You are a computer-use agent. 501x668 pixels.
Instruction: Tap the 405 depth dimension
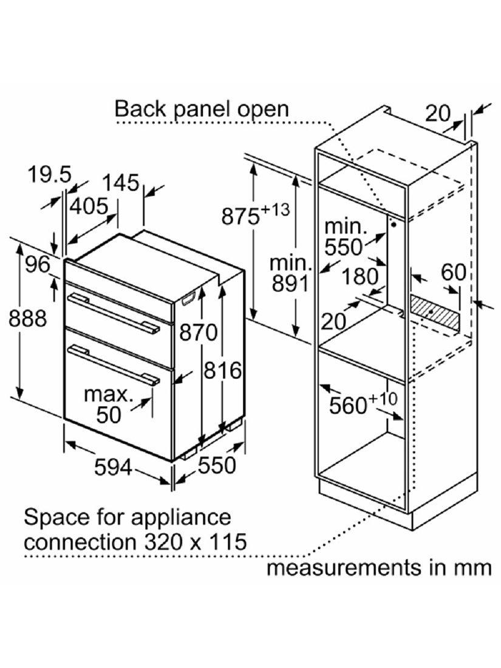click(x=89, y=206)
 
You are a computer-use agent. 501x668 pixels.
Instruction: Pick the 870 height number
click(x=198, y=332)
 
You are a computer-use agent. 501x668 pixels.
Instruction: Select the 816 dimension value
click(x=222, y=369)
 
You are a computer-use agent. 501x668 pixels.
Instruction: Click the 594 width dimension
click(x=115, y=467)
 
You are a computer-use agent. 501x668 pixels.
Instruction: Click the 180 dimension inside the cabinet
click(x=362, y=276)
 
